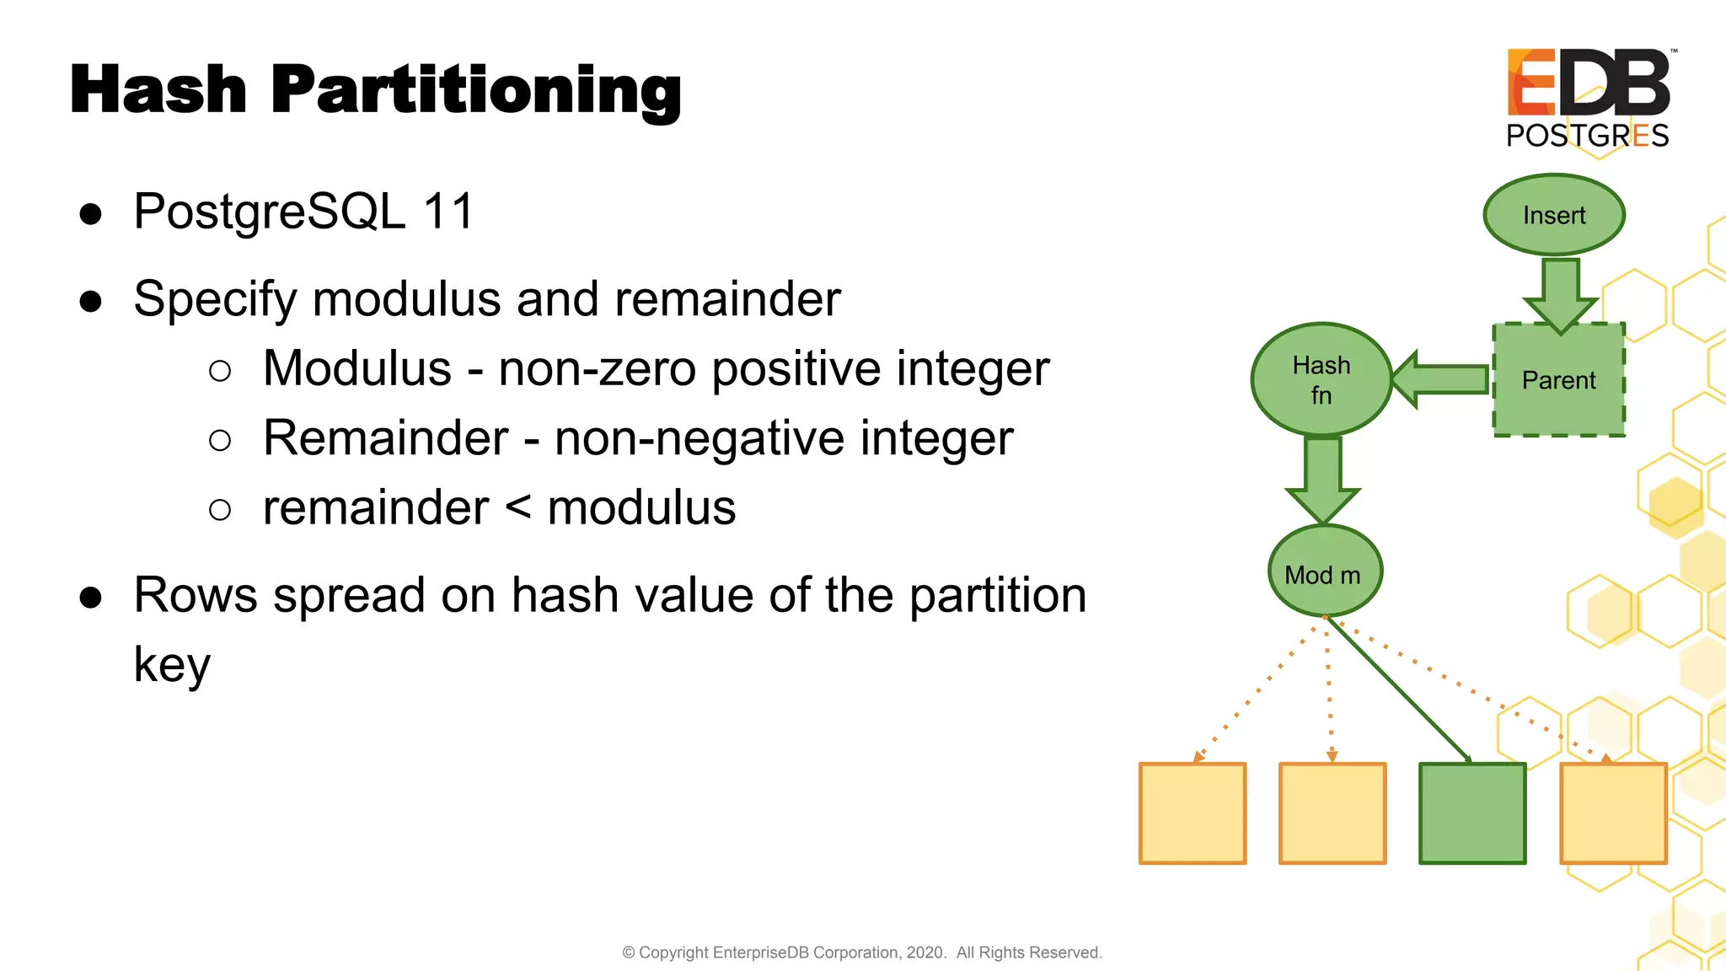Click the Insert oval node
[1553, 215]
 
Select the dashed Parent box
[1558, 380]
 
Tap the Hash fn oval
[1321, 380]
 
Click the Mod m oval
[1324, 573]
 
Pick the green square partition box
[1472, 813]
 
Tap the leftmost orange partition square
[1193, 813]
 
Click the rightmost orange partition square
[1613, 813]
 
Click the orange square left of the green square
[1332, 813]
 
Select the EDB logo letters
[1588, 83]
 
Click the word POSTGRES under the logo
[1587, 136]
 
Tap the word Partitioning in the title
[476, 91]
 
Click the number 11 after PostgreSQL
[448, 211]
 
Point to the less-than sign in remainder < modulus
[518, 507]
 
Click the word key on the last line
[172, 665]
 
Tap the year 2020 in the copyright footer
[925, 952]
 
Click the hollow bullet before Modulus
[220, 371]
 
